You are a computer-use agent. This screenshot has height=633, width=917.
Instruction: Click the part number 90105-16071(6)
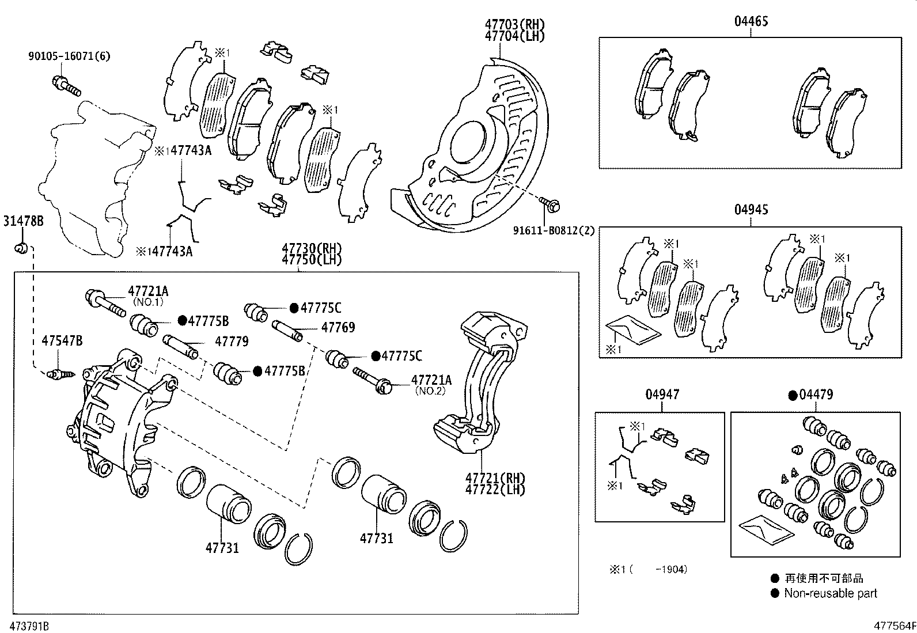[x=69, y=56]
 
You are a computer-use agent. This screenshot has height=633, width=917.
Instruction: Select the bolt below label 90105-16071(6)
[x=66, y=86]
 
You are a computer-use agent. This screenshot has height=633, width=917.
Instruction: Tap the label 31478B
[x=23, y=221]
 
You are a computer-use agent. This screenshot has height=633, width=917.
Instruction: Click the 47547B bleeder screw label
[x=62, y=341]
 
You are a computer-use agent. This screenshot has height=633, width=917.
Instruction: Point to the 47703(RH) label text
[x=514, y=25]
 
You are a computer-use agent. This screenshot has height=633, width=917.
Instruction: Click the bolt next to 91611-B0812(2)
[x=551, y=203]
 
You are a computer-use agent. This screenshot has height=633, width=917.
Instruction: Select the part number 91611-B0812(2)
[x=553, y=231]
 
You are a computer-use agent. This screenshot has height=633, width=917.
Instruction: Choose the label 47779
[x=232, y=342]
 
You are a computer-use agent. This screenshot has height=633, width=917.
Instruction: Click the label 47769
[x=338, y=328]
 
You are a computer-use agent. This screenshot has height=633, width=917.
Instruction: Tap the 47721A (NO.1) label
[x=148, y=291]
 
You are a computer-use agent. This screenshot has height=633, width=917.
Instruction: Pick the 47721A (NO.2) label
[x=431, y=380]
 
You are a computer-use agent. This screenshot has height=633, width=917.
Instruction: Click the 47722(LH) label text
[x=495, y=490]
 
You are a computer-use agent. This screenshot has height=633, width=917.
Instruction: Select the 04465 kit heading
[x=751, y=22]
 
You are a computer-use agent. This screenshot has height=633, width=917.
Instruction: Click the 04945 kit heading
[x=751, y=210]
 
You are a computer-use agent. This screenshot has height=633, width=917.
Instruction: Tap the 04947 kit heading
[x=662, y=395]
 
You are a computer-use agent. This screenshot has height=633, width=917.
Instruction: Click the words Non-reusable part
[x=830, y=594]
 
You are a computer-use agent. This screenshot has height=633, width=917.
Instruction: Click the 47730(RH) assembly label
[x=311, y=248]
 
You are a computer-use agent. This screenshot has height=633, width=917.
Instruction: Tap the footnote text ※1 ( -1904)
[x=648, y=570]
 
